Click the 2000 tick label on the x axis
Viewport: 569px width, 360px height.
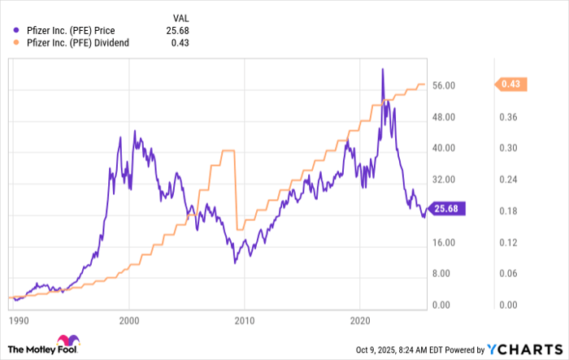[129, 320]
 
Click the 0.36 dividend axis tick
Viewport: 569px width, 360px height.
[508, 117]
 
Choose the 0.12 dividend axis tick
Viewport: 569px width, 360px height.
[508, 243]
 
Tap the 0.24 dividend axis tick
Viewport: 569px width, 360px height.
[508, 180]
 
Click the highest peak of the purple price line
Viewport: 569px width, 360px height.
[382, 69]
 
